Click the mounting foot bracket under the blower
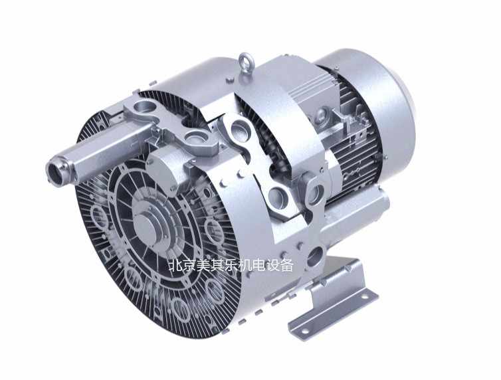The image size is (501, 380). [332, 300]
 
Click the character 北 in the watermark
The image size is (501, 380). [175, 265]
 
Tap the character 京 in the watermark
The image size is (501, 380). [189, 265]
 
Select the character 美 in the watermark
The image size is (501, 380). [203, 265]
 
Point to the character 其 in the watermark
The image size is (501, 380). [217, 265]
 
